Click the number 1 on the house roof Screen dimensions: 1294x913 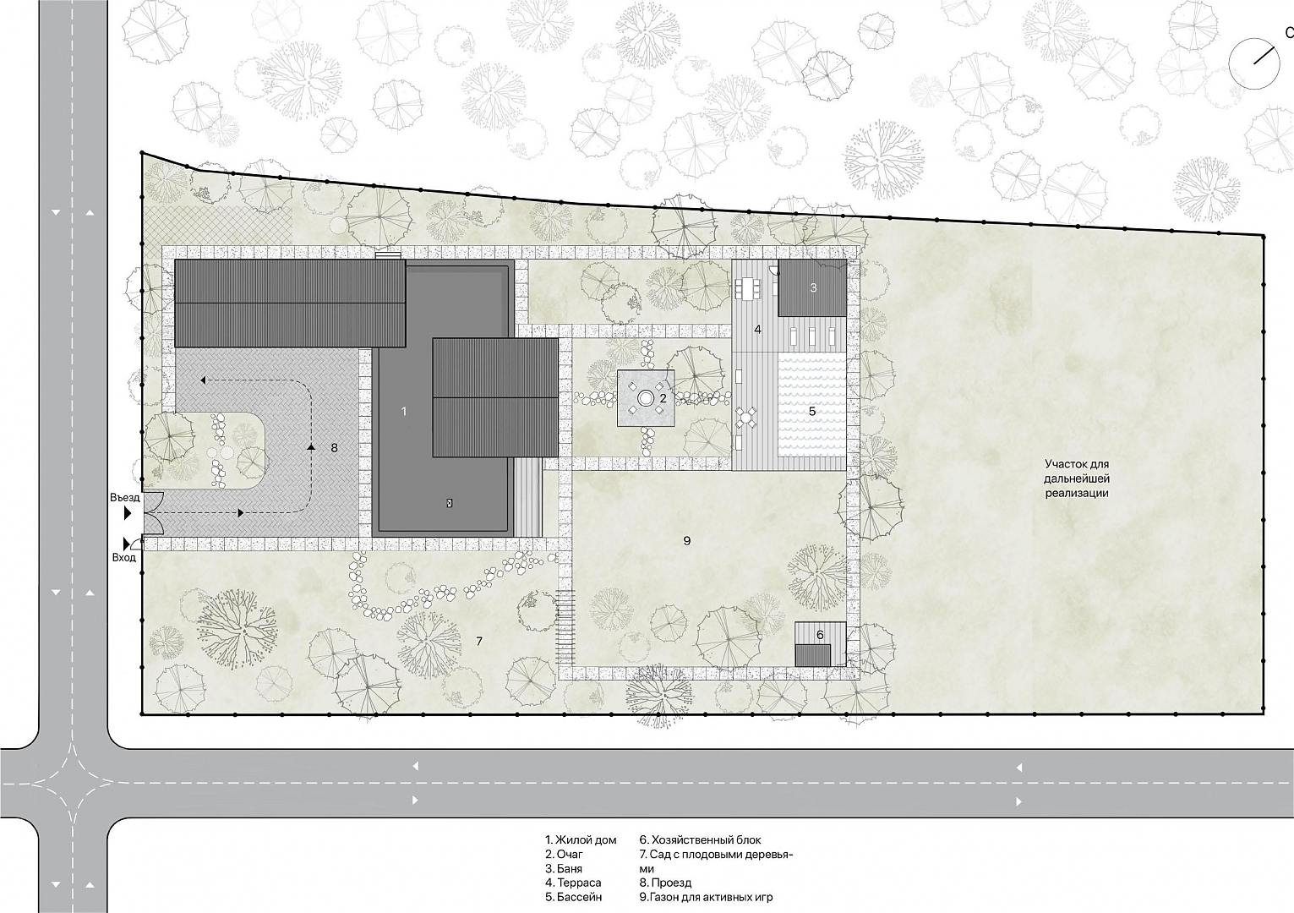[404, 411]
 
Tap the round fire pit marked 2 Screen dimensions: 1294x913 [645, 397]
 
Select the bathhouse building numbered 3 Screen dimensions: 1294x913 [813, 287]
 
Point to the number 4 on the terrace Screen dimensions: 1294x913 [757, 330]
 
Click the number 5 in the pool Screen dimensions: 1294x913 [812, 412]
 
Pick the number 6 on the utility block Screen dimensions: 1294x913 [821, 635]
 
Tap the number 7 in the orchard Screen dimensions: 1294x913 [479, 641]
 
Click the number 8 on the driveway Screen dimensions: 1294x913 [334, 447]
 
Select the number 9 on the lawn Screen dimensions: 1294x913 [687, 540]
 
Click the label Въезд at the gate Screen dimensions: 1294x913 [125, 498]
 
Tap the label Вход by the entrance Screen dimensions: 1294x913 [123, 558]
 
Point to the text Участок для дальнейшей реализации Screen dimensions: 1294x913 [1077, 478]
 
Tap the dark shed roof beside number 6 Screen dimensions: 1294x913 [813, 655]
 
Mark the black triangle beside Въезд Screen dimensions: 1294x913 [128, 513]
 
